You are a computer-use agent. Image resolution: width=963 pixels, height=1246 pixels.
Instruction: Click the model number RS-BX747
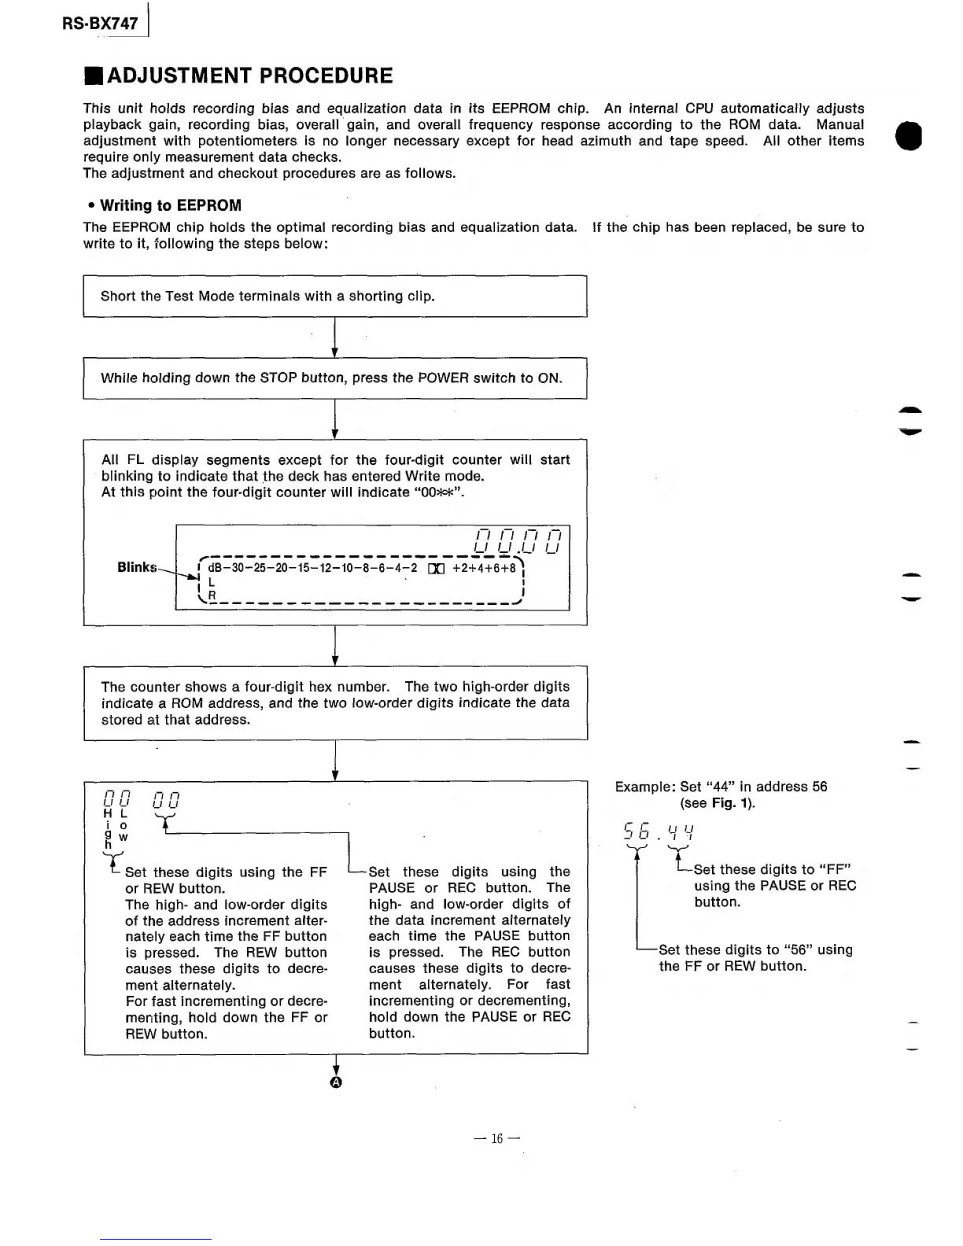point(101,24)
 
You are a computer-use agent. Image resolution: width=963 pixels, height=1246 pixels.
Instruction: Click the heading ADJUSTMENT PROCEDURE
point(249,76)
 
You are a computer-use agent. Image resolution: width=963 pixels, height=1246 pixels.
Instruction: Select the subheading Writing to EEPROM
point(171,205)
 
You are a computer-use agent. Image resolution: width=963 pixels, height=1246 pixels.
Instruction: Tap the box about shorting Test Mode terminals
point(335,297)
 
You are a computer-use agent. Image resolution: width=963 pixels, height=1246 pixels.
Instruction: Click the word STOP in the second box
point(278,378)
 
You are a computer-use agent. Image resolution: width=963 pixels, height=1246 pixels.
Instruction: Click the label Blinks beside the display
point(137,567)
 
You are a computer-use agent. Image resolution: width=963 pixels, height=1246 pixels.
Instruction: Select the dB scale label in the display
point(216,568)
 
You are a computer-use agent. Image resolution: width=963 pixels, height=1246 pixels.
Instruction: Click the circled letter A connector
point(336,1082)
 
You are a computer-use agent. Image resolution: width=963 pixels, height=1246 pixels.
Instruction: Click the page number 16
point(497,1138)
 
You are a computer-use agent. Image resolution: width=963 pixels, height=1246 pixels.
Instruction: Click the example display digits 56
point(636,831)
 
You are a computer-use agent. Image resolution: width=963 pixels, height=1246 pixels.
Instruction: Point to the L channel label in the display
point(212,582)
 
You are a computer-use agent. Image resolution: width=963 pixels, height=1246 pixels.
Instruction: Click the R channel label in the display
point(212,595)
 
